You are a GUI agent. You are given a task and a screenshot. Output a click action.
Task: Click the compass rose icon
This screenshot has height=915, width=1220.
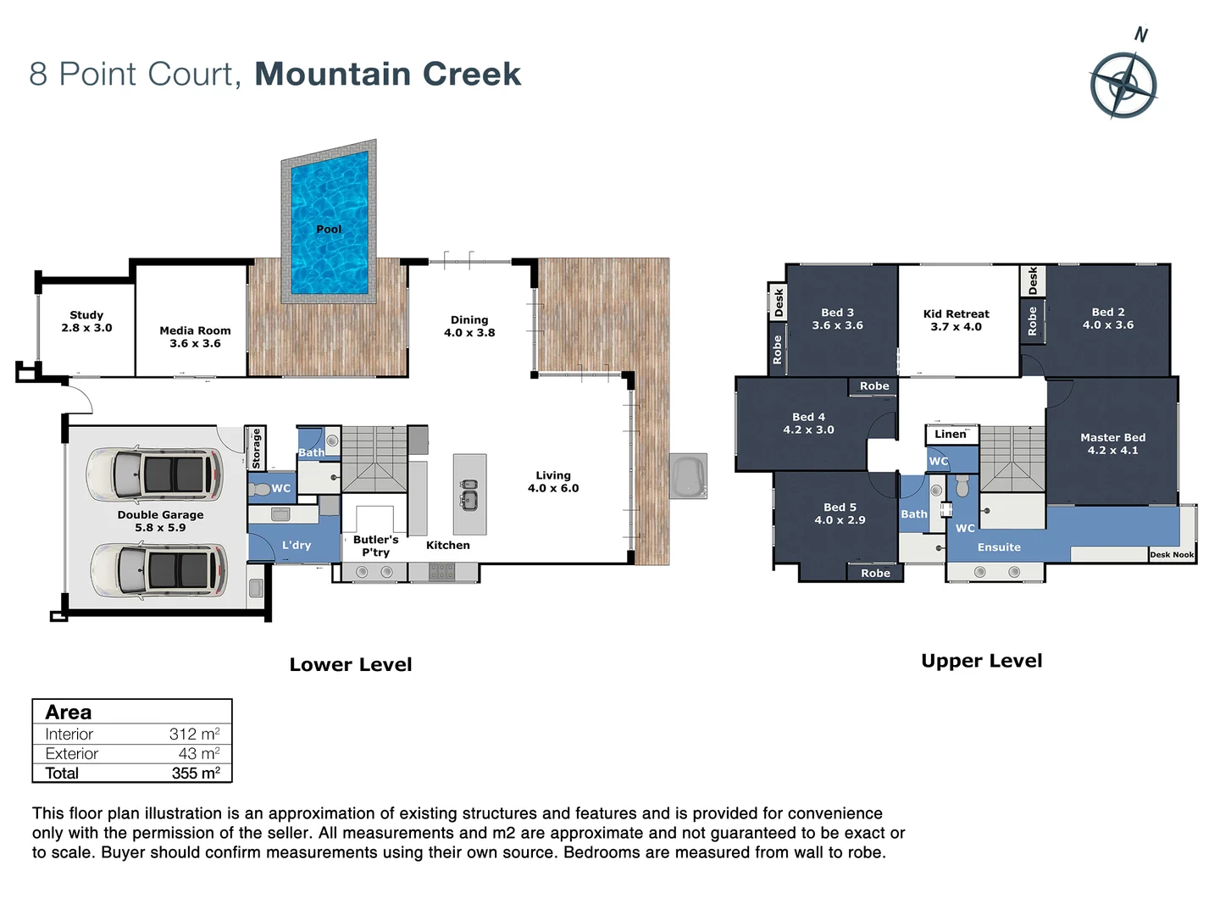tap(1123, 85)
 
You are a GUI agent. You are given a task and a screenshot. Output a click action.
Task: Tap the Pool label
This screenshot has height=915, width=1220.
tap(329, 230)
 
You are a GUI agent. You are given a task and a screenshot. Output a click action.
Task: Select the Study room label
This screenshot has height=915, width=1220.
tap(86, 321)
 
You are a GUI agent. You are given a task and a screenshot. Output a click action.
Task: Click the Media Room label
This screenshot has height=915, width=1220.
tap(195, 337)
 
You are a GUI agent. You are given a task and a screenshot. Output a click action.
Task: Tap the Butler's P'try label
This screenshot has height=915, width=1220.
tap(375, 546)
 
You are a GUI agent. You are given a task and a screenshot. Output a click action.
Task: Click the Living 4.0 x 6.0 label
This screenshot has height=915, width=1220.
tap(553, 482)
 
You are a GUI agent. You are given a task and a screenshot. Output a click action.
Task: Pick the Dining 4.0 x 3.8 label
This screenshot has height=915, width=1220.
tap(469, 326)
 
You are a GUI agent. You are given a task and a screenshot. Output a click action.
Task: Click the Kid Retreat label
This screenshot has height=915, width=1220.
tap(956, 320)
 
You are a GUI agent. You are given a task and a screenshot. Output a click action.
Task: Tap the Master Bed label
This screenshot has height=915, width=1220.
tap(1112, 444)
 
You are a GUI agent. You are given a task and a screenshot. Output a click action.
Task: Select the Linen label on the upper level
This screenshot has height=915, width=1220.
tap(950, 435)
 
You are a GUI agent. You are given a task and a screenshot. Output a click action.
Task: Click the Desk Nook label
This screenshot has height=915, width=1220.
tap(1172, 555)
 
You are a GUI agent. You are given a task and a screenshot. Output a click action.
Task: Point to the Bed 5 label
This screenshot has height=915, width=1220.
tap(840, 513)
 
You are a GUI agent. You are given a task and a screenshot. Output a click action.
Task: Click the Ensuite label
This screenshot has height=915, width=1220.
tap(999, 547)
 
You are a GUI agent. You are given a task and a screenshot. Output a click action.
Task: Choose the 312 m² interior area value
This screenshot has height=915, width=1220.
tap(194, 735)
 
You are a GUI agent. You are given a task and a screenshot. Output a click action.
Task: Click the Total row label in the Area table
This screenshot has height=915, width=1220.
tap(62, 773)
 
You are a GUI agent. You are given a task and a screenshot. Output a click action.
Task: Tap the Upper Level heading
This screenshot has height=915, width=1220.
tap(981, 661)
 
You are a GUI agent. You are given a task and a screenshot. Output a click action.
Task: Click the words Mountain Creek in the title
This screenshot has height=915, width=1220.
tap(387, 75)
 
